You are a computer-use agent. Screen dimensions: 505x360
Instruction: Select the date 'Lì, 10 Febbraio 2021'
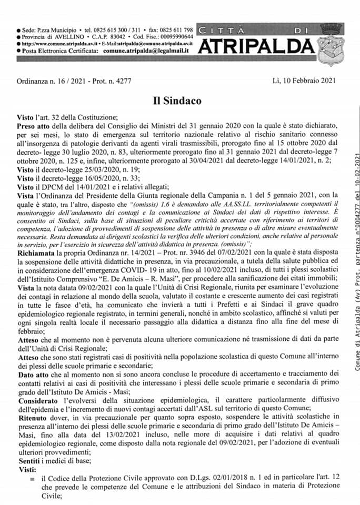(304, 80)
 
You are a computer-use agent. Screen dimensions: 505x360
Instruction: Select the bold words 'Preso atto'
(35, 126)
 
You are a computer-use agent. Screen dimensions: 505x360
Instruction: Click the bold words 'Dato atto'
(33, 359)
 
